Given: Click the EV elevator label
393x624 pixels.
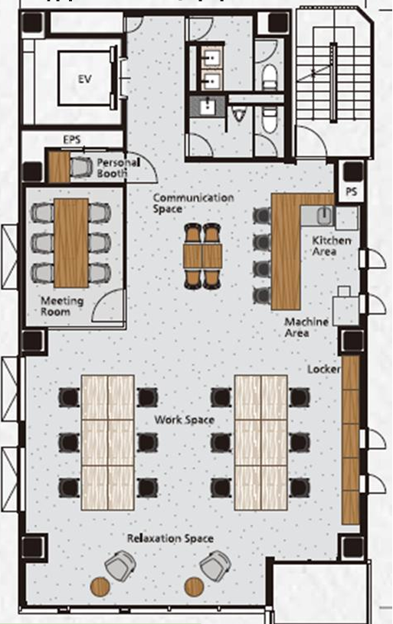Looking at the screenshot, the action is click(x=84, y=79).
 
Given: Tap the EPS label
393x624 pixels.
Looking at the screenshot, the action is click(x=72, y=139).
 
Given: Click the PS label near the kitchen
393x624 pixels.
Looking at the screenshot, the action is click(x=351, y=192).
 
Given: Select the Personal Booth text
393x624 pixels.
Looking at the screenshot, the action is click(x=118, y=168).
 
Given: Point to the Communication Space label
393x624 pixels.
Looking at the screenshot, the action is click(x=193, y=203).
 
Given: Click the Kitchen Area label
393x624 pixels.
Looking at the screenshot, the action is click(x=331, y=246).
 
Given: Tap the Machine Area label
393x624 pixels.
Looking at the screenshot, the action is click(x=306, y=327).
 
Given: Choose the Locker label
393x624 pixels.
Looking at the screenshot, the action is click(x=324, y=369).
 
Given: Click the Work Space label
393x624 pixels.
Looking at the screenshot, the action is click(x=185, y=420).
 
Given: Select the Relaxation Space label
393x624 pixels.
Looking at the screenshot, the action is click(x=170, y=539).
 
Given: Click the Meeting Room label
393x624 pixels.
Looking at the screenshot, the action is click(x=62, y=306).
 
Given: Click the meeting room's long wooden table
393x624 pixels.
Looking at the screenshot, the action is click(x=71, y=243).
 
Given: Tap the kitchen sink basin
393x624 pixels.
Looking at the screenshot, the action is click(x=324, y=215).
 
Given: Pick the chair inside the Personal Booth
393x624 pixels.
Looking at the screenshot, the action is click(x=82, y=167).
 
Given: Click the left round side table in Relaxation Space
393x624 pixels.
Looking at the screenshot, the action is click(x=100, y=586).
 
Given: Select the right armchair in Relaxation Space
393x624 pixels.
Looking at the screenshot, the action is click(x=215, y=565).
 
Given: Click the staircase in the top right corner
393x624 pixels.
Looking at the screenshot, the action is click(x=335, y=83).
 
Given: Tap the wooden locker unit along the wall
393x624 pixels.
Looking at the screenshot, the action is click(x=351, y=439).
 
